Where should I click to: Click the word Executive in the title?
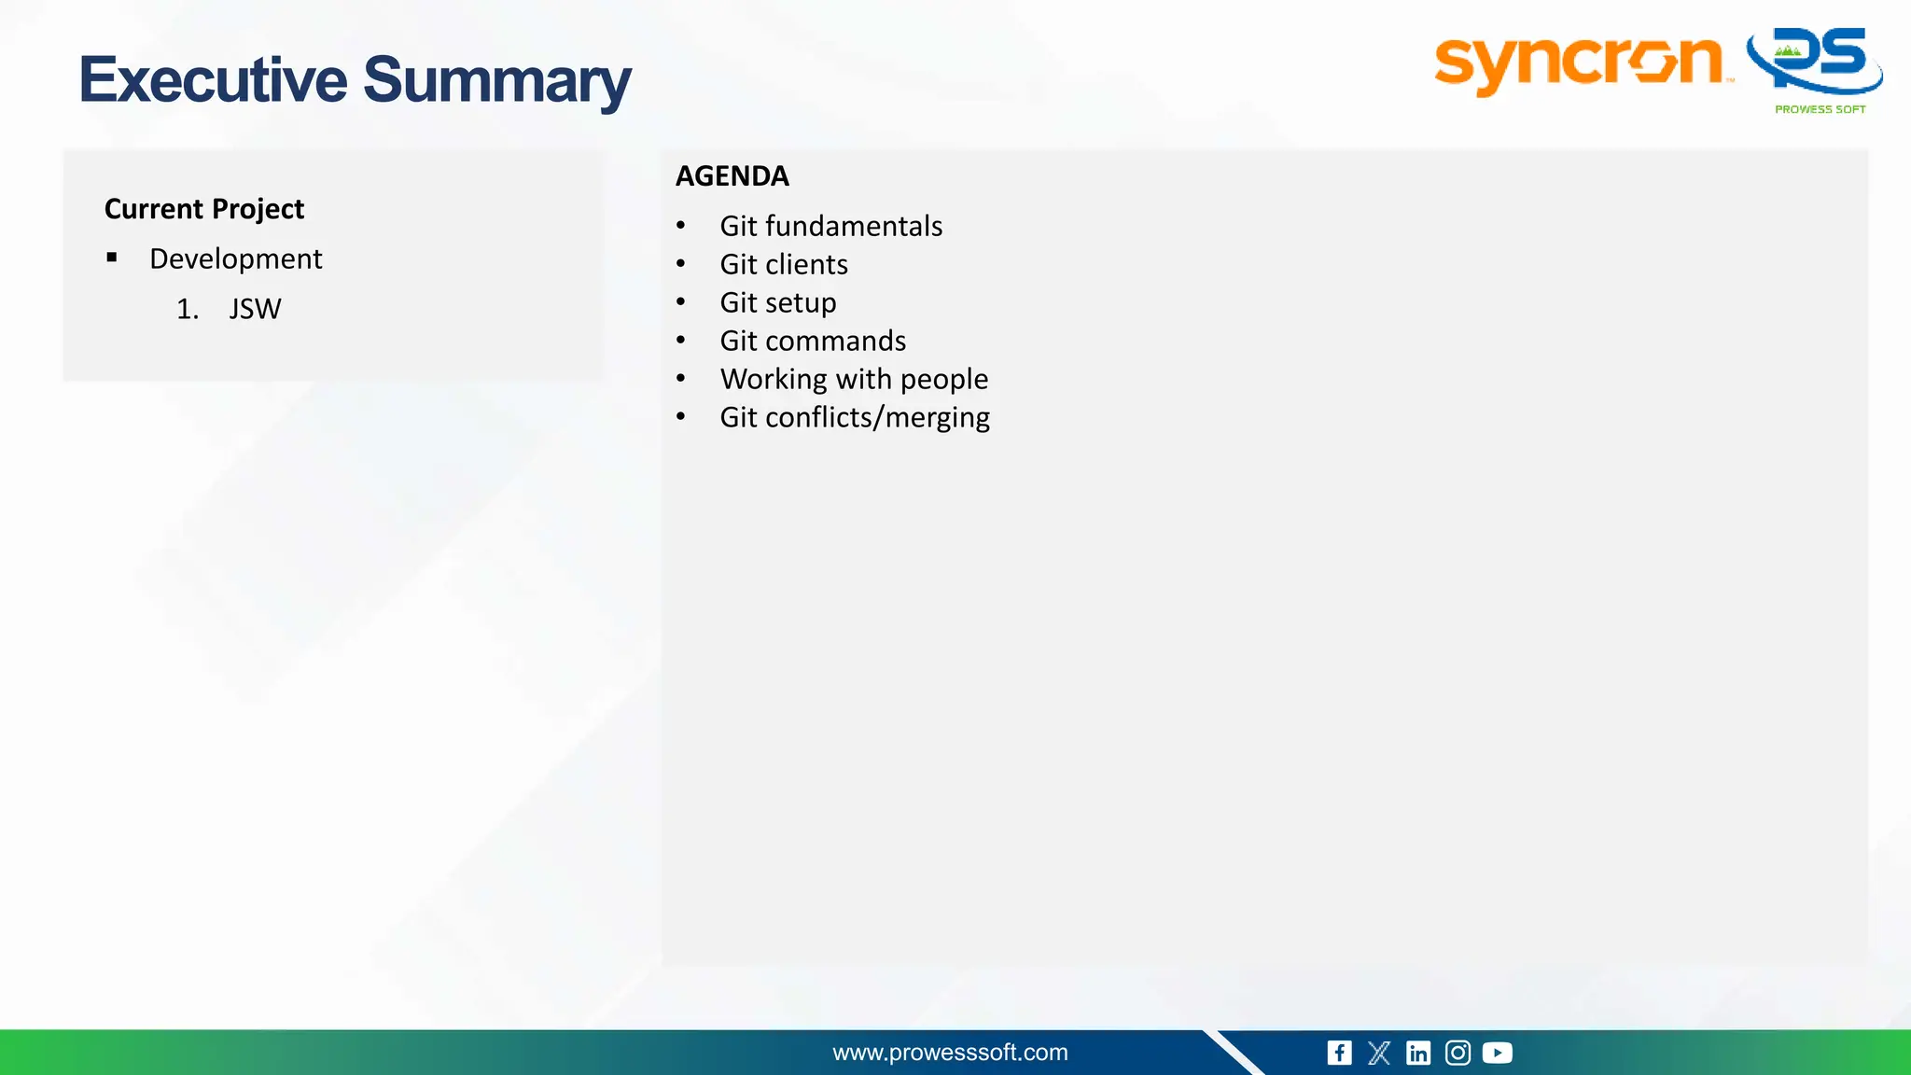click(x=213, y=80)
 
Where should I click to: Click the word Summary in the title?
click(x=496, y=82)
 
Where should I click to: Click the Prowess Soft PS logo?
click(x=1815, y=65)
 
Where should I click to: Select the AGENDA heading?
click(x=732, y=176)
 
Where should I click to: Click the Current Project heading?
click(x=203, y=209)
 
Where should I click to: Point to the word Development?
click(x=235, y=258)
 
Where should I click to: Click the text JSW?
click(x=255, y=309)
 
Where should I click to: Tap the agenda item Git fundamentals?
click(x=830, y=226)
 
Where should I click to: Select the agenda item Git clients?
click(x=783, y=264)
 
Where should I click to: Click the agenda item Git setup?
click(x=777, y=302)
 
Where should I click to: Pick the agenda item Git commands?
click(x=812, y=341)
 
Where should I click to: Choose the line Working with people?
click(x=853, y=379)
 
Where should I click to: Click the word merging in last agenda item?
click(x=937, y=417)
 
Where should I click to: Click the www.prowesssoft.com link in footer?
click(x=950, y=1053)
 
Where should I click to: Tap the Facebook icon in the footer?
click(x=1339, y=1053)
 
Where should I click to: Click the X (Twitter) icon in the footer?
click(x=1378, y=1053)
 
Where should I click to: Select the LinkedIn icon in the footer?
click(x=1417, y=1053)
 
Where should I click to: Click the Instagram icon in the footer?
click(x=1458, y=1053)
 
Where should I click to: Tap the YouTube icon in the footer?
click(x=1497, y=1053)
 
